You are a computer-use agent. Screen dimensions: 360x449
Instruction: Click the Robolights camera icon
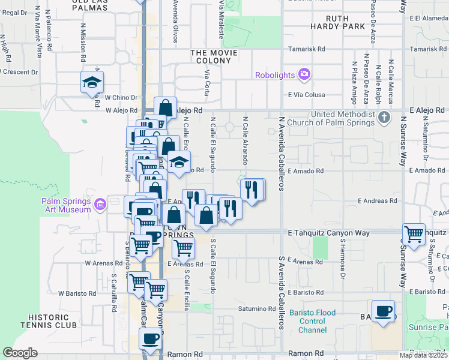pos(304,74)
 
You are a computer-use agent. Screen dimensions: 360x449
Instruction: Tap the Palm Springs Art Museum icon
pos(100,205)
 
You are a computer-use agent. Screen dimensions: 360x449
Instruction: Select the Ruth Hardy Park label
pos(337,23)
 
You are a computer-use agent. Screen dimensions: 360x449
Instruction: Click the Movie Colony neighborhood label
pos(214,57)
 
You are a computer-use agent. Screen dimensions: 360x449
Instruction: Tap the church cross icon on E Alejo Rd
pos(385,117)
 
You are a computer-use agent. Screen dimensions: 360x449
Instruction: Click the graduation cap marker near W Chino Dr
pos(92,82)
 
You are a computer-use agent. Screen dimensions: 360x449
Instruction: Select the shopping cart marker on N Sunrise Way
pos(414,234)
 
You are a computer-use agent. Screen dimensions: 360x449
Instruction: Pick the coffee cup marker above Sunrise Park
pos(383,311)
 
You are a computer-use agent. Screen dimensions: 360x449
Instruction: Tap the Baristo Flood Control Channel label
pos(308,322)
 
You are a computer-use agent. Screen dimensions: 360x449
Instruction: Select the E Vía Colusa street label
pos(306,95)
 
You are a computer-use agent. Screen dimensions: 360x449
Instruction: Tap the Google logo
pos(20,353)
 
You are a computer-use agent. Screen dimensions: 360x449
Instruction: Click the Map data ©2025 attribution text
pos(423,355)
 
